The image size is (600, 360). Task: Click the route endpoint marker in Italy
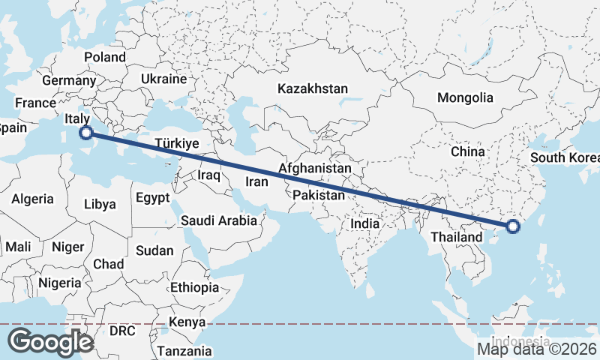point(86,133)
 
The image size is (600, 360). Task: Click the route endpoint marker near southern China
point(513,226)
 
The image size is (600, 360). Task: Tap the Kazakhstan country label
point(312,88)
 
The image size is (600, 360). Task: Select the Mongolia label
point(465,97)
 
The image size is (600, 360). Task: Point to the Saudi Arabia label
point(218,221)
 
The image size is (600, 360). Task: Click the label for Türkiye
point(176,143)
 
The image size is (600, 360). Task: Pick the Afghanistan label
point(314,169)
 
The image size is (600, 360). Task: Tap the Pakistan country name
point(319,195)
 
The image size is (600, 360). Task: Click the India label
point(365,223)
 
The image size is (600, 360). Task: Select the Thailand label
point(456,237)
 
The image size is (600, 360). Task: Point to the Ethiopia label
point(194,287)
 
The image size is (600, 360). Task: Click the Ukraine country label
point(163,79)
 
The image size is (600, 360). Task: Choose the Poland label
point(105,57)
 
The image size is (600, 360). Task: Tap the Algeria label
point(32,199)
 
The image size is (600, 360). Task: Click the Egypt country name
point(154,199)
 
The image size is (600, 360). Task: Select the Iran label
point(257,181)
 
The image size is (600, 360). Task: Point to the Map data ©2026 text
point(537,348)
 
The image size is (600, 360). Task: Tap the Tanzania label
point(184,350)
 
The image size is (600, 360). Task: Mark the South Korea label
point(564,157)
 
